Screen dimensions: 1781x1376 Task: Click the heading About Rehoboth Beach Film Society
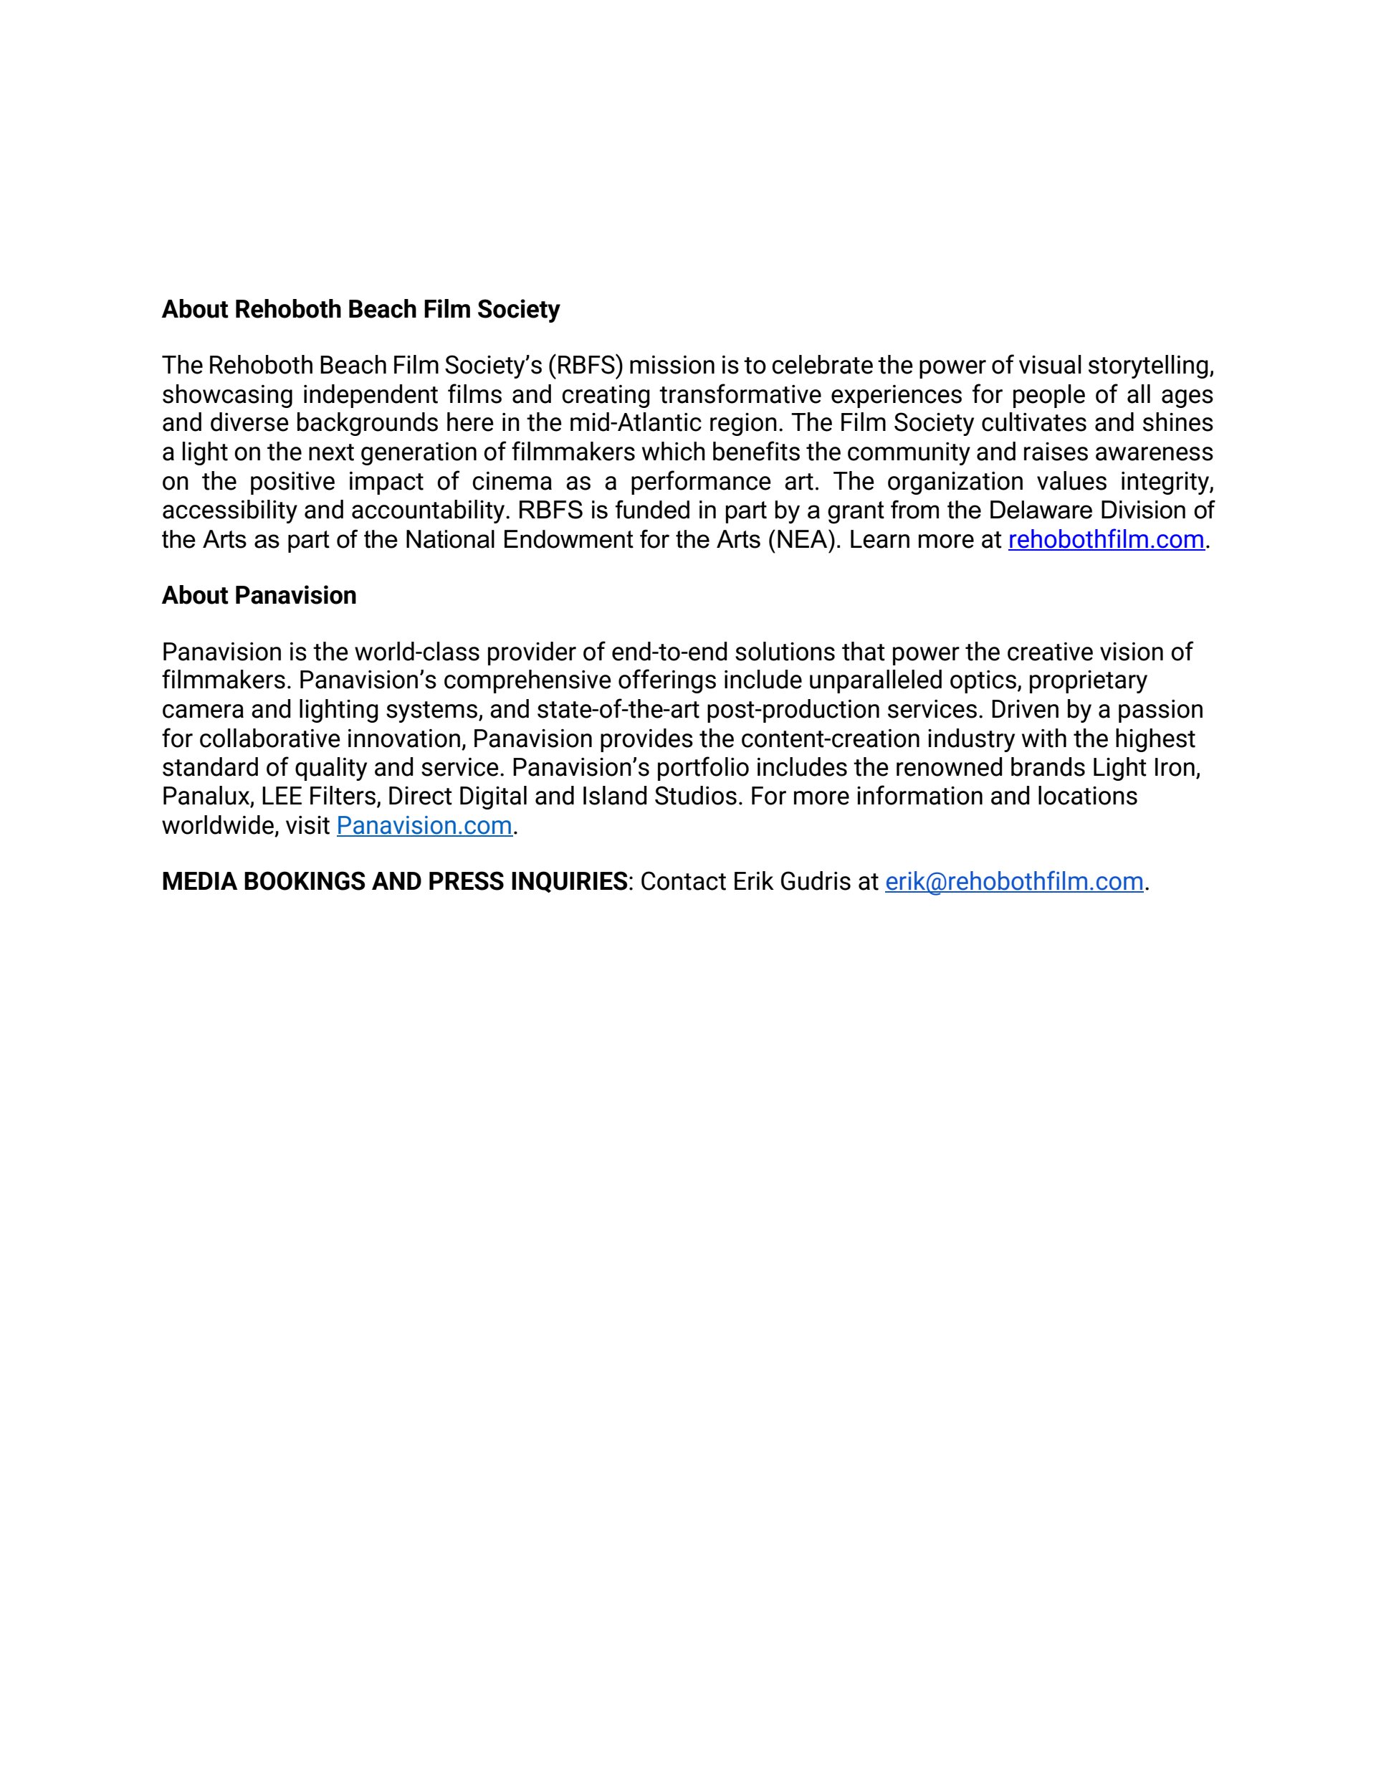360,310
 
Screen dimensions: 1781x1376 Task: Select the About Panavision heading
259,595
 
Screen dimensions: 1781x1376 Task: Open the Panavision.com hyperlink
424,825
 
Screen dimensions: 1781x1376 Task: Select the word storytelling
1150,366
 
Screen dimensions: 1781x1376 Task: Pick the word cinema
500,481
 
